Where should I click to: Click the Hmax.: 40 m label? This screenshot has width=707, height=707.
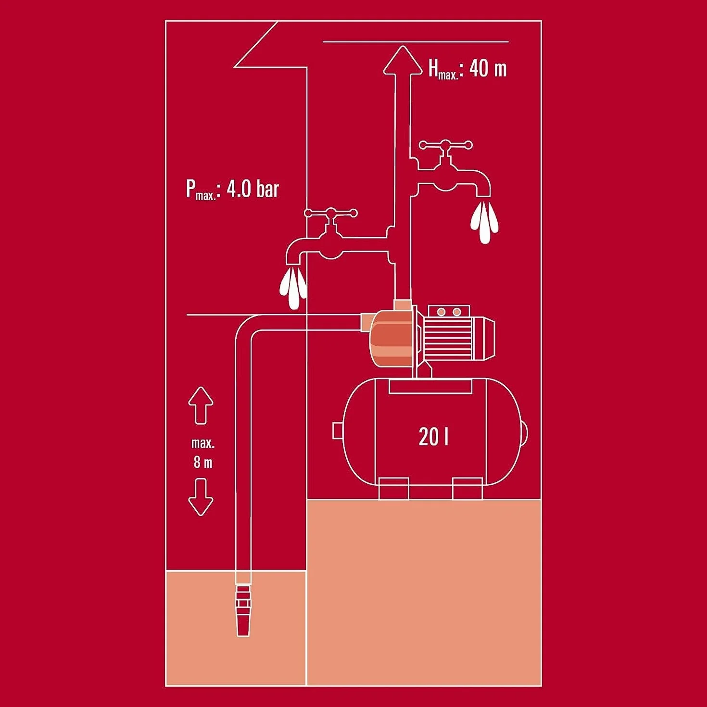click(x=468, y=70)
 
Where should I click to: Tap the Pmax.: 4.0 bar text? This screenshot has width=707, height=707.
click(x=233, y=189)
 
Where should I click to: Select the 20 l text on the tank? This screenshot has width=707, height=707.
click(x=433, y=437)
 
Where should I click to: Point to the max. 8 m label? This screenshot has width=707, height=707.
click(x=203, y=454)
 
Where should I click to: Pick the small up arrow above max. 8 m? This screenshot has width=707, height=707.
click(x=201, y=405)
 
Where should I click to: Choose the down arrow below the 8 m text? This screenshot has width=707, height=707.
click(x=201, y=497)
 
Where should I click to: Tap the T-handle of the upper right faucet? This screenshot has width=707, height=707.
click(x=446, y=145)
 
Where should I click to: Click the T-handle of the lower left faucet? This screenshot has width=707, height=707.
click(x=331, y=213)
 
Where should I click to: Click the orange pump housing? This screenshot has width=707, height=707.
click(x=391, y=338)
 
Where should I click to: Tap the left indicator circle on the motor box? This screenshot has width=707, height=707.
click(x=442, y=312)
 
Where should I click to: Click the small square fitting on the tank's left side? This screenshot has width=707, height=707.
click(x=337, y=430)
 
